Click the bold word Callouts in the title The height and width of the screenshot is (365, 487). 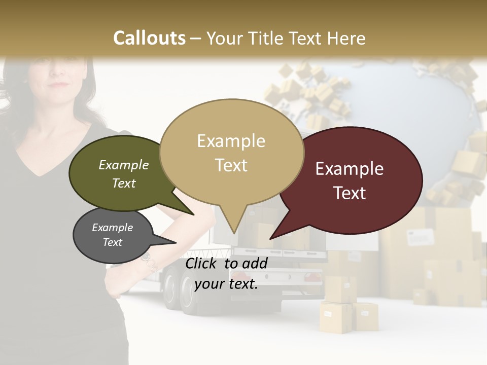149,38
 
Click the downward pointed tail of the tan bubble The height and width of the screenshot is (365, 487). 233,228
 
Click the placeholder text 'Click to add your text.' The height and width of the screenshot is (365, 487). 226,273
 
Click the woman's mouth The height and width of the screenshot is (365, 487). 60,85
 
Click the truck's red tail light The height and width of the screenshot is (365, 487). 311,277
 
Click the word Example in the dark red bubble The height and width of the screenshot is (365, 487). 350,169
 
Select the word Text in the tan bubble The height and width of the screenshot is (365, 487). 231,165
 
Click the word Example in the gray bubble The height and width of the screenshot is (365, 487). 112,228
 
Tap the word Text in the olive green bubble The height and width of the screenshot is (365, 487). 124,183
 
